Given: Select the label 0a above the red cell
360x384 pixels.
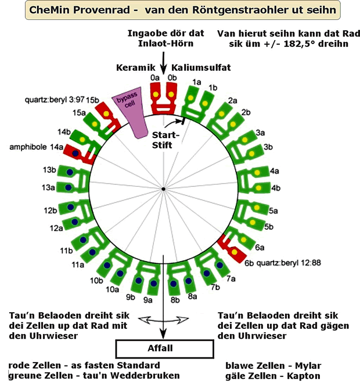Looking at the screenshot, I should (x=154, y=77).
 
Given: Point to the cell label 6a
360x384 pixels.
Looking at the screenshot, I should (x=260, y=247).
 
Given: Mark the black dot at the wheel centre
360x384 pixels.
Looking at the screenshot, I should (x=164, y=189).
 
